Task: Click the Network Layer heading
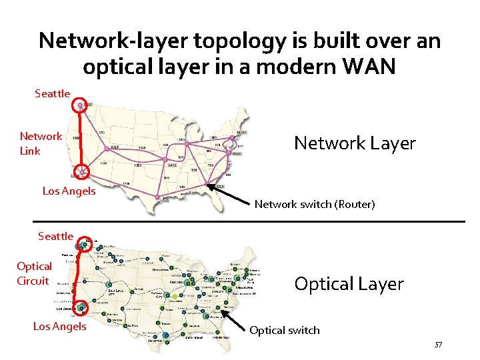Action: (x=355, y=143)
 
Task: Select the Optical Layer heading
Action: (x=349, y=284)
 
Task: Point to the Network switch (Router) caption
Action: (x=315, y=204)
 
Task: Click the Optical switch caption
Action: (x=285, y=330)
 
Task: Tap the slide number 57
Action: (x=438, y=345)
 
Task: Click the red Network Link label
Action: (x=41, y=143)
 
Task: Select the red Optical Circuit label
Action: (x=34, y=273)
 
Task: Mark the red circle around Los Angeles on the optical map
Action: (x=81, y=308)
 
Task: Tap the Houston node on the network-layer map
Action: (x=157, y=197)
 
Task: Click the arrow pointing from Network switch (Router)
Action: (x=227, y=192)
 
